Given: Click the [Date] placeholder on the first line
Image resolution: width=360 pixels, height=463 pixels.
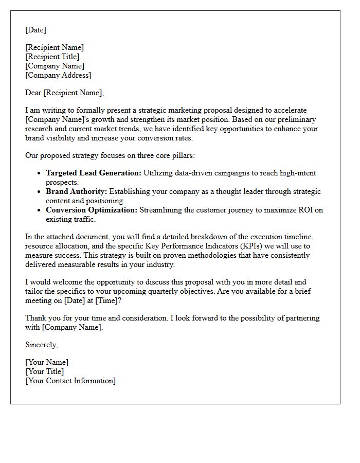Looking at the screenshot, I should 35,30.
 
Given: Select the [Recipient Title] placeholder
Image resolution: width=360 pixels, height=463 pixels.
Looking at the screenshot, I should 52,57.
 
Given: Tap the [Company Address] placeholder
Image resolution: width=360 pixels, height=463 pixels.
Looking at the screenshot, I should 58,75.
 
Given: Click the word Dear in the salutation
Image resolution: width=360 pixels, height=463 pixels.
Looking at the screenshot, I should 33,93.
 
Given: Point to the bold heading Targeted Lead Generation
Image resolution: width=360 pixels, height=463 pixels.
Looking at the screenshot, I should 93,173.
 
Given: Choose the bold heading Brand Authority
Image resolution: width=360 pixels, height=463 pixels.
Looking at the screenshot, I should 76,191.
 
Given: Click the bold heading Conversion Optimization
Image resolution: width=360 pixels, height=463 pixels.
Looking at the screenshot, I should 92,210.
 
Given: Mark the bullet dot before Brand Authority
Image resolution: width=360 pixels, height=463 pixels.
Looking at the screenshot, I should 39,192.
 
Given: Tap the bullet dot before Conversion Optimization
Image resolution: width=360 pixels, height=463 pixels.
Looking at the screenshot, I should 39,210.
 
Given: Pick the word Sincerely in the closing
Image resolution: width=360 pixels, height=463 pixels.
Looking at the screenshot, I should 41,345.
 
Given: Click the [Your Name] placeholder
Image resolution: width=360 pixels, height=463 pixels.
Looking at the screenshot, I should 47,362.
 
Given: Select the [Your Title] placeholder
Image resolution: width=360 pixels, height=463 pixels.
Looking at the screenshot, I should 45,371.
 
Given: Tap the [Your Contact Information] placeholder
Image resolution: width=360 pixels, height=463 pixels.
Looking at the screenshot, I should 70,381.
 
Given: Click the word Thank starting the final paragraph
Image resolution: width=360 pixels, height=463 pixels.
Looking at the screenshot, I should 35,318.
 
